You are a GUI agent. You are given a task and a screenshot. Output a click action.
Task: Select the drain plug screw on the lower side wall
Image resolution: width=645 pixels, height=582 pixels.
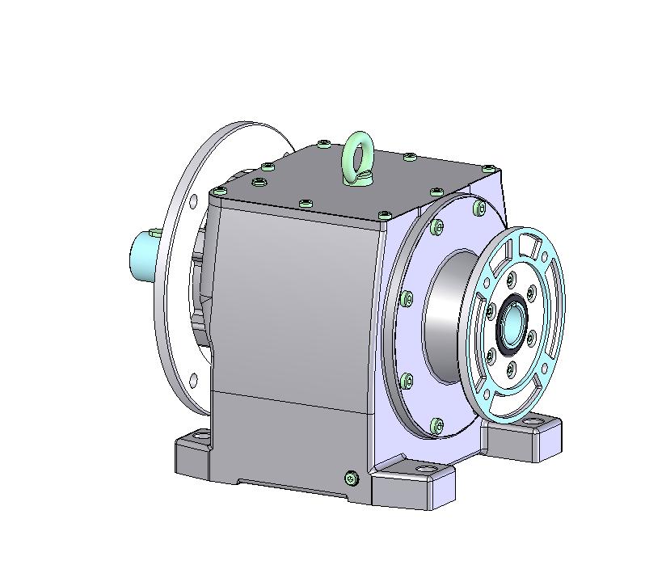tap(351, 479)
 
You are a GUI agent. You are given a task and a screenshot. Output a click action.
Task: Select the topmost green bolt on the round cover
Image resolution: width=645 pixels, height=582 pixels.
tap(437, 228)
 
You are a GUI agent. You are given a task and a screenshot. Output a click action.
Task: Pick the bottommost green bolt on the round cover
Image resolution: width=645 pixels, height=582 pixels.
tap(437, 424)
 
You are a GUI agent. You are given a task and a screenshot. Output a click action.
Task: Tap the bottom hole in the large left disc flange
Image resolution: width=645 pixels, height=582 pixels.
tap(192, 379)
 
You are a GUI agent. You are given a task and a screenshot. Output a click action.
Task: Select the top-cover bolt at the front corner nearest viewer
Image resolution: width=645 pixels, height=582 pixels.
tap(382, 216)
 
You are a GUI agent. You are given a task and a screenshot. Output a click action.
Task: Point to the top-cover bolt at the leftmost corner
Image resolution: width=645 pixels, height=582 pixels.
tap(217, 192)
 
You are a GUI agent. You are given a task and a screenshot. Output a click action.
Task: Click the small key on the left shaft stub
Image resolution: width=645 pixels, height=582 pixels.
tap(154, 234)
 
